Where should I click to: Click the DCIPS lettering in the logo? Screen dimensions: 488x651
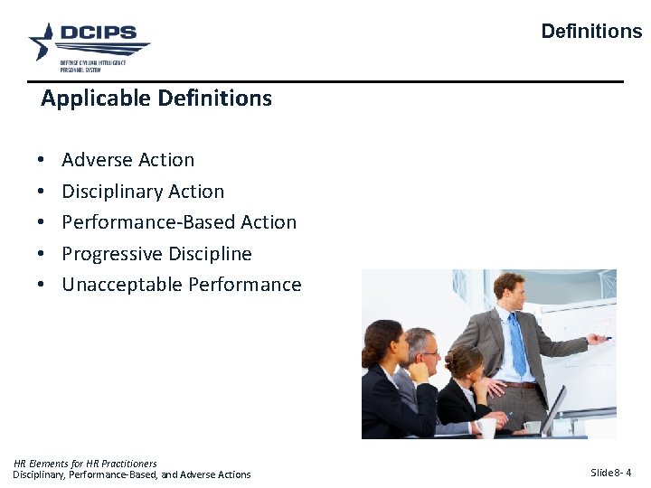click(x=98, y=33)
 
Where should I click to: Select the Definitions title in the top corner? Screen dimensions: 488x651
click(x=591, y=32)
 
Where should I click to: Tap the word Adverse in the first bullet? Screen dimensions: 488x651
click(x=95, y=160)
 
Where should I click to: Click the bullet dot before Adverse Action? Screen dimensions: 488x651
click(x=42, y=161)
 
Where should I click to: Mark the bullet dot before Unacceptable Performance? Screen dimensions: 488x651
click(x=42, y=286)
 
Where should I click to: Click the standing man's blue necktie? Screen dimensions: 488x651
click(x=517, y=343)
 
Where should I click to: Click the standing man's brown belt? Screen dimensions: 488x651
click(x=520, y=384)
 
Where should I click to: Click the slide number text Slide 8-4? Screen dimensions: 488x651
click(x=610, y=473)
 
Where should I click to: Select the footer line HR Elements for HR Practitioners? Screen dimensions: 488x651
click(x=85, y=464)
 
